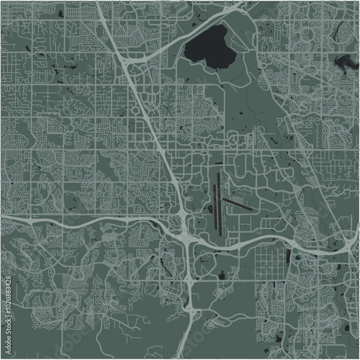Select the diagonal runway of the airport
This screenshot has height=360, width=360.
[237, 204]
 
